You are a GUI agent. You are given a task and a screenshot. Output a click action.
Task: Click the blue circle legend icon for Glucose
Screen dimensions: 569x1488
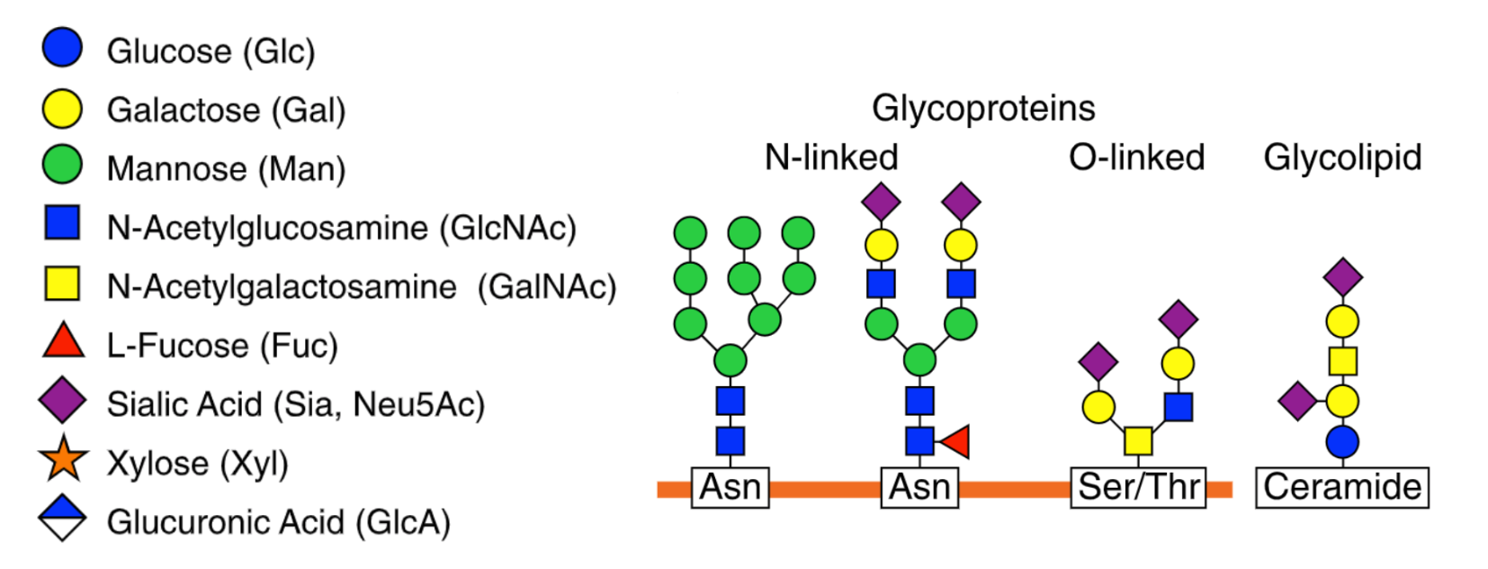pos(62,48)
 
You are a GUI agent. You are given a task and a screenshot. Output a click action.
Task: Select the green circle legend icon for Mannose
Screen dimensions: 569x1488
pos(62,166)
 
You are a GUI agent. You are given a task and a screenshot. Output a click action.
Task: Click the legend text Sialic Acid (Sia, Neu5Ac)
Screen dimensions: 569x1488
pos(296,404)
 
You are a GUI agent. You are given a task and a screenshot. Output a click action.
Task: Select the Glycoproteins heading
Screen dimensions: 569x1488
pos(983,108)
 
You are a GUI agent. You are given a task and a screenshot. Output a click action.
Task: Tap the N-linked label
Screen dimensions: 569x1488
pos(831,157)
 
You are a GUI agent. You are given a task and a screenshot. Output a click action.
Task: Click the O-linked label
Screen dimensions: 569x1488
pos(1136,157)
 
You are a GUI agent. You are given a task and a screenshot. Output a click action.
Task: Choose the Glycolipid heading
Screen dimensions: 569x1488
pos(1342,157)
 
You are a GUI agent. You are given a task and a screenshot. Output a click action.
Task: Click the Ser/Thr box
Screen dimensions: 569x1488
pos(1138,487)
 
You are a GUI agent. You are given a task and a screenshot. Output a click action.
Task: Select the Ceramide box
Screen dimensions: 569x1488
pos(1342,487)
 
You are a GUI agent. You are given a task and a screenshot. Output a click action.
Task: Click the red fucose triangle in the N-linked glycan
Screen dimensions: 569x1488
pos(955,442)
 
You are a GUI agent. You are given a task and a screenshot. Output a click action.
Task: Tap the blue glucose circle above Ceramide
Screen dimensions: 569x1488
pos(1342,442)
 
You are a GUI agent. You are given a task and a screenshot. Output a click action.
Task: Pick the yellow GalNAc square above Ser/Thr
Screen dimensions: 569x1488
pos(1138,441)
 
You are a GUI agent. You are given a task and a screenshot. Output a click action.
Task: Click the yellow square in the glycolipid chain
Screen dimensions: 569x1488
pos(1342,361)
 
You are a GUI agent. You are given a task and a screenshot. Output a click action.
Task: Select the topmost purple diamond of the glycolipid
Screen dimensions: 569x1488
pos(1342,276)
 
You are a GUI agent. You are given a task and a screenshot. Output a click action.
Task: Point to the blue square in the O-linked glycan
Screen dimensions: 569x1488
pos(1178,407)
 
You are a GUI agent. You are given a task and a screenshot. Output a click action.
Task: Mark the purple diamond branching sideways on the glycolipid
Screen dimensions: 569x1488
pos(1297,401)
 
